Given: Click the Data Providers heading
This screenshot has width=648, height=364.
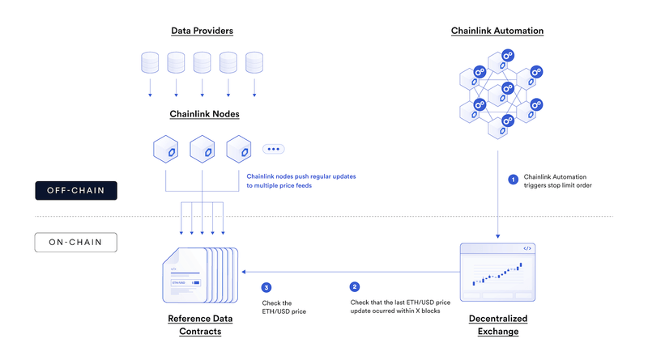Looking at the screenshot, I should (x=202, y=31).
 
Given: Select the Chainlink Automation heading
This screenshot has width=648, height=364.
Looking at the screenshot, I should (x=497, y=31).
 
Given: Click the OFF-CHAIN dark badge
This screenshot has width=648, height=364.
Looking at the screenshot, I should (x=77, y=191).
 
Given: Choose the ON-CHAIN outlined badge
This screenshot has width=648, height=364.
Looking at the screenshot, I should (x=76, y=241).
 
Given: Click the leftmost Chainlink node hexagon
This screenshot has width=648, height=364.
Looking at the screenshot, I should (x=164, y=150).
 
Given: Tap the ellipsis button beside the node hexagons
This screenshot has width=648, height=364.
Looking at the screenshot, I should (x=273, y=149).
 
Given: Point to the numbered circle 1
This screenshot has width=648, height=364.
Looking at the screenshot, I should (x=512, y=179).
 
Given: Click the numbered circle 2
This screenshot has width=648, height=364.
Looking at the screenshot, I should (x=354, y=287).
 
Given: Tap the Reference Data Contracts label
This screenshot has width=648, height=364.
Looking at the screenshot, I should (x=199, y=324).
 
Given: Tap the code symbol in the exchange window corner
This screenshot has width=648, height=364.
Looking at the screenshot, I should (x=526, y=249).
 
